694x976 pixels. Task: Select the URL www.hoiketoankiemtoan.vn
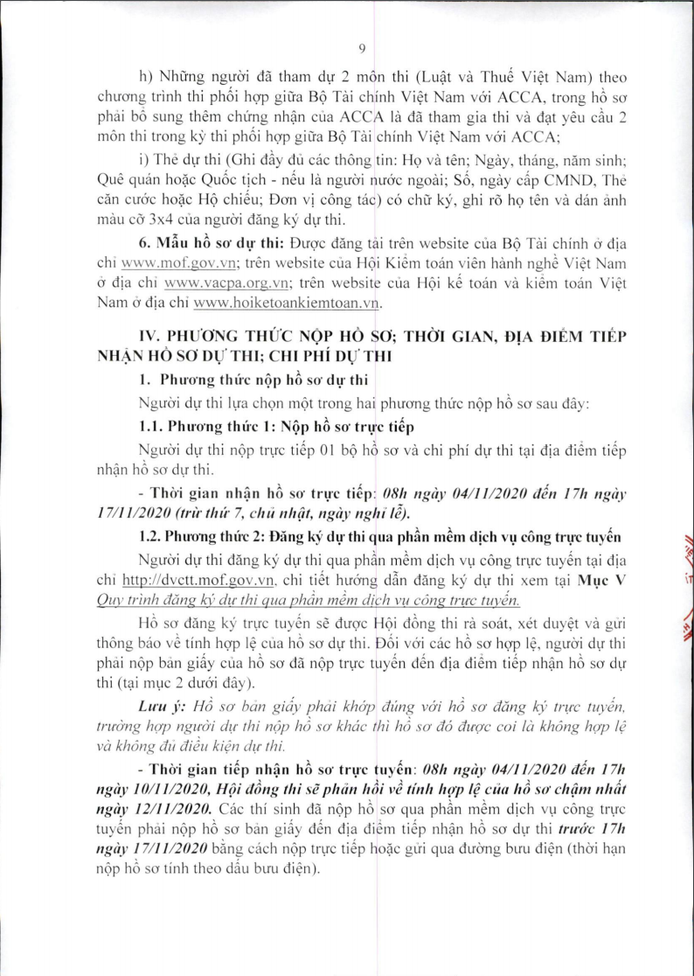pyautogui.click(x=289, y=303)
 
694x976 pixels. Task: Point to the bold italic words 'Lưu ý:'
pyautogui.click(x=161, y=705)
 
